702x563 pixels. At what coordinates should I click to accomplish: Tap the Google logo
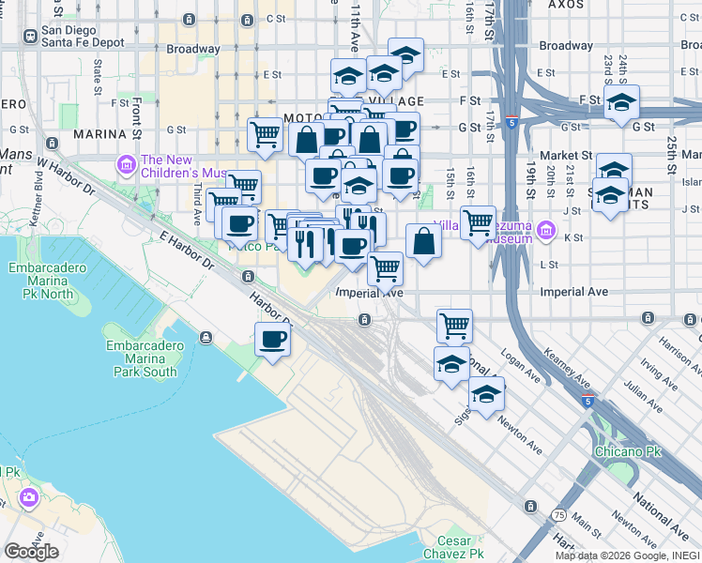(x=31, y=552)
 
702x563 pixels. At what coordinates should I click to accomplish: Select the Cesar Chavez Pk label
(x=460, y=547)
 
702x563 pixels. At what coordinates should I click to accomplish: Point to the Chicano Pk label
(x=628, y=451)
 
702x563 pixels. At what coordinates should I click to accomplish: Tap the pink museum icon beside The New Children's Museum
(x=126, y=165)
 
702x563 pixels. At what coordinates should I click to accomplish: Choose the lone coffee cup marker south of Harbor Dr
(x=273, y=340)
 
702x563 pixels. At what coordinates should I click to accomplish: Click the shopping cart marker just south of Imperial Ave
(x=455, y=326)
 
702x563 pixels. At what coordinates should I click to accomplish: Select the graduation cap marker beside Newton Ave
(x=486, y=395)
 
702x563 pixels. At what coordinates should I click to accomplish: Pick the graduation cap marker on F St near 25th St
(x=621, y=102)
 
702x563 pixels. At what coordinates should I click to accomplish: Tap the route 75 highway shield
(x=558, y=515)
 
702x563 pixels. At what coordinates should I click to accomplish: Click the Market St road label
(x=566, y=155)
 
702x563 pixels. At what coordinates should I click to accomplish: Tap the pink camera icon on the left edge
(x=29, y=496)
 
